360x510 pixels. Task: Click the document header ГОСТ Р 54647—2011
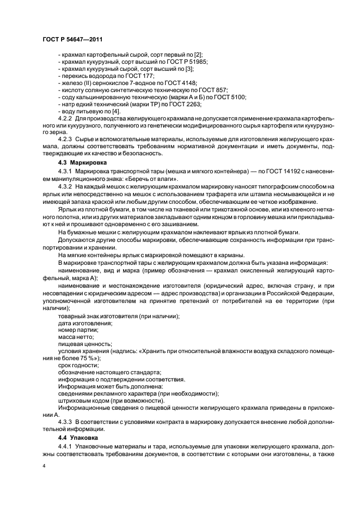(x=72, y=39)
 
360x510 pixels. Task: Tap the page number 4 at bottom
(x=44, y=466)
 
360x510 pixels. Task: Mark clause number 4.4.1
(x=65, y=446)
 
